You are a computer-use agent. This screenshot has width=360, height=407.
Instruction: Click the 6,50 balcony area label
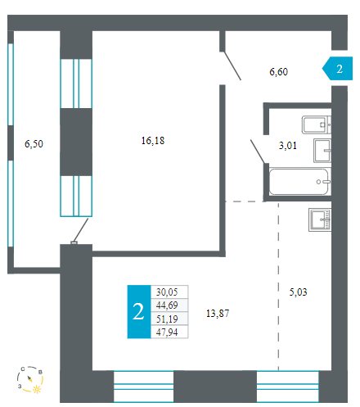tap(34, 144)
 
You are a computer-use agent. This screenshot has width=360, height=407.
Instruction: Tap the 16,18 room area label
tap(153, 141)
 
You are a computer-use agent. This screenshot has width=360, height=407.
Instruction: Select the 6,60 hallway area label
tap(278, 72)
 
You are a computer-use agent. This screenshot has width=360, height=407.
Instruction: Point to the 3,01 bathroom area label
tap(287, 146)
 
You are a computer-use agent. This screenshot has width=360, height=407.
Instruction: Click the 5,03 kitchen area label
tap(298, 292)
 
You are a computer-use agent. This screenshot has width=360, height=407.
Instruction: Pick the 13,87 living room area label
tap(218, 314)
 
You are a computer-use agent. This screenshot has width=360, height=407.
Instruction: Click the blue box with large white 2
tap(139, 312)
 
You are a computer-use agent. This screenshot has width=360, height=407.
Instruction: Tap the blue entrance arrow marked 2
tap(338, 68)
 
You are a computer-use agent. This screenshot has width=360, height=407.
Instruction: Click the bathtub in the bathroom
tap(299, 182)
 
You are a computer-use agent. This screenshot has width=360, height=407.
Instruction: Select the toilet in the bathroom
tap(317, 125)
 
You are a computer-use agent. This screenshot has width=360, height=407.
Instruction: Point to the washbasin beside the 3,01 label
tap(322, 151)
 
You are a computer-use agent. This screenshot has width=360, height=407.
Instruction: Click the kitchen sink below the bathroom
tap(320, 219)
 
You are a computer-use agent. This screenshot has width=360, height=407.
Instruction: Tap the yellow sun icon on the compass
tap(37, 389)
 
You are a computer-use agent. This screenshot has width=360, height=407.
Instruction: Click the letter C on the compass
tap(23, 369)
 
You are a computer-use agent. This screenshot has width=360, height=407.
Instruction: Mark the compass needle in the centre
tap(29, 378)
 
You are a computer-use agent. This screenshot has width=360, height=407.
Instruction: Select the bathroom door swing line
tap(258, 151)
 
